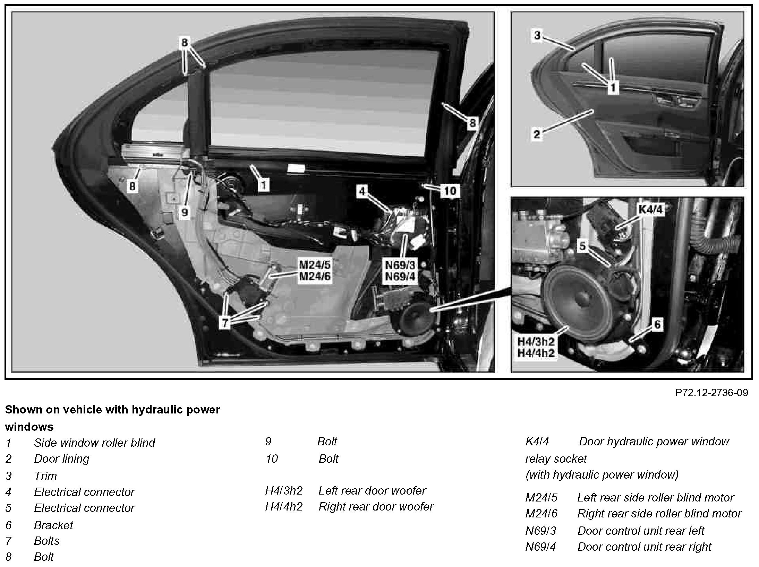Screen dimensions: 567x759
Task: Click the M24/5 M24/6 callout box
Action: (315, 271)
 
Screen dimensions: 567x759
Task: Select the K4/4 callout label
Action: (651, 210)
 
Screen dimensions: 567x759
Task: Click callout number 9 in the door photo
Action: (184, 212)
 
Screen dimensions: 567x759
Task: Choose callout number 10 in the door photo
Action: (450, 191)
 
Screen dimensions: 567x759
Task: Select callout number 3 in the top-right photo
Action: (537, 35)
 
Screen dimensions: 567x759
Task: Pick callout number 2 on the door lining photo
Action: (537, 134)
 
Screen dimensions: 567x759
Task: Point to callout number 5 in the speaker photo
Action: (582, 246)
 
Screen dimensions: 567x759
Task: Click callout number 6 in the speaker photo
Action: (657, 325)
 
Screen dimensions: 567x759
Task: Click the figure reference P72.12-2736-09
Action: (711, 393)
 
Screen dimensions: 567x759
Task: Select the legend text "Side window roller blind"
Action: (94, 443)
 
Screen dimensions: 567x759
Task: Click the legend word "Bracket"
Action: (53, 525)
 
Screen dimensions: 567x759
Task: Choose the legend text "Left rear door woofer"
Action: (372, 490)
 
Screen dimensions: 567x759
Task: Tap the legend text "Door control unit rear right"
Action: (644, 547)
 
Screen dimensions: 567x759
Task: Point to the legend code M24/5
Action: (541, 497)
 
